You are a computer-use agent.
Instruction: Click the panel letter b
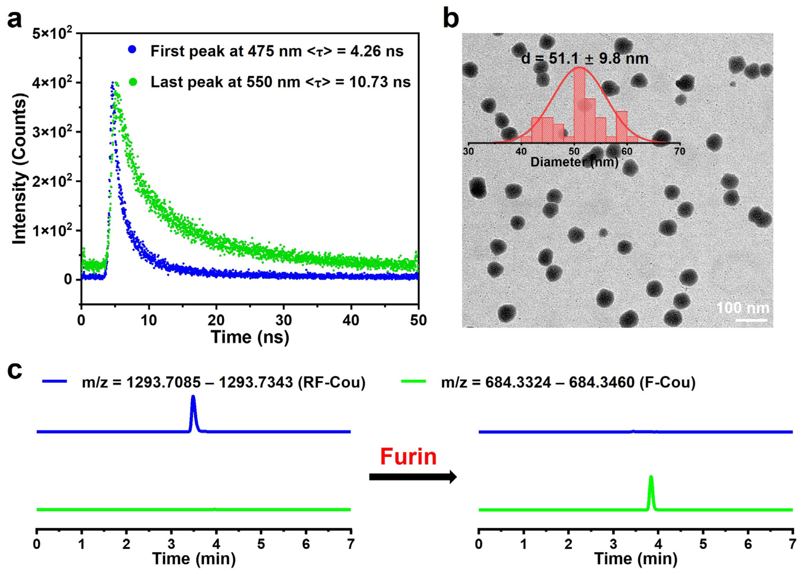(451, 18)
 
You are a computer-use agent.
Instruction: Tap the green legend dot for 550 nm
(133, 82)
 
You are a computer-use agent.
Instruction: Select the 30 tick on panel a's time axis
(283, 320)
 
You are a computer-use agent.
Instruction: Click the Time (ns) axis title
(250, 337)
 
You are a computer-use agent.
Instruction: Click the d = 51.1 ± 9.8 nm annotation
(585, 58)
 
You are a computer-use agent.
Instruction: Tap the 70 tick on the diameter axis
(679, 152)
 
